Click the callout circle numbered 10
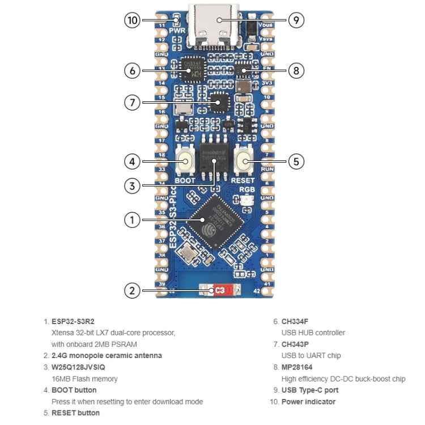[x=132, y=20]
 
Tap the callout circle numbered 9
[x=296, y=20]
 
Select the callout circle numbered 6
[x=132, y=71]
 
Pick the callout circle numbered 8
[x=296, y=71]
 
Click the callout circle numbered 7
[x=132, y=103]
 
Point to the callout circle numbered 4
[x=132, y=161]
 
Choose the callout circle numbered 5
[x=296, y=161]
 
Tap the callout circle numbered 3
[x=132, y=185]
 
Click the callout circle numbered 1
[x=132, y=220]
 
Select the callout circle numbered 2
[x=132, y=291]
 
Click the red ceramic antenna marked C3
[x=219, y=291]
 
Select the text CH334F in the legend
[x=295, y=321]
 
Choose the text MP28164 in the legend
[x=297, y=367]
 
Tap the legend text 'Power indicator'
[x=308, y=402]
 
